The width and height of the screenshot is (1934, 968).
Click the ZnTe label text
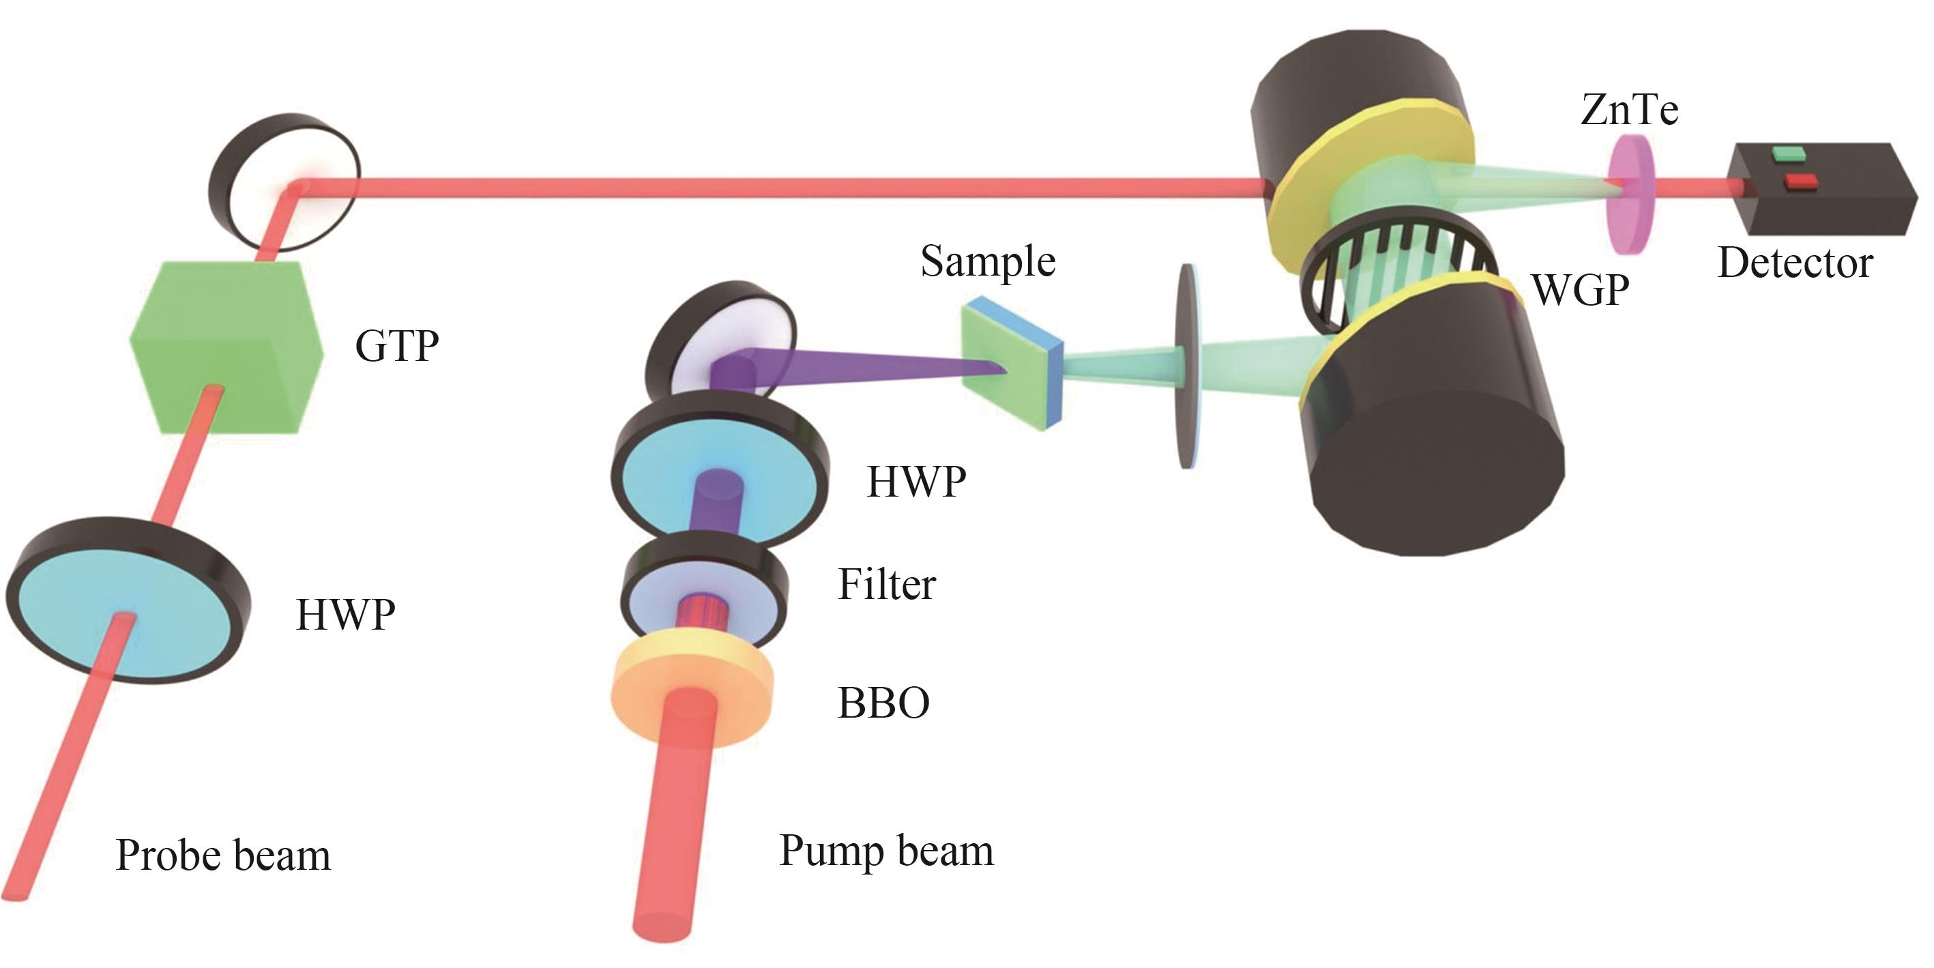pyautogui.click(x=1628, y=110)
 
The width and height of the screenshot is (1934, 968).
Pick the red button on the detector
pyautogui.click(x=1800, y=181)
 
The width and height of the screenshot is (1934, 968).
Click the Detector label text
pyautogui.click(x=1795, y=263)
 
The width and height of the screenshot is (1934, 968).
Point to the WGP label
pyautogui.click(x=1581, y=290)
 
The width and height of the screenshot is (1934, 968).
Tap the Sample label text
pyautogui.click(x=988, y=261)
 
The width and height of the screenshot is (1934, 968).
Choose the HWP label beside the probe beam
pyautogui.click(x=345, y=615)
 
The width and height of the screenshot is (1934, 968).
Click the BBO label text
pyautogui.click(x=883, y=703)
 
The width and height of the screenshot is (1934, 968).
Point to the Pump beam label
pyautogui.click(x=886, y=851)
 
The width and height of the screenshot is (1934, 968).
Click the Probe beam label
pyautogui.click(x=223, y=855)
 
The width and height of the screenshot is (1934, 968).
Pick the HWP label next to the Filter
pyautogui.click(x=916, y=482)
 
